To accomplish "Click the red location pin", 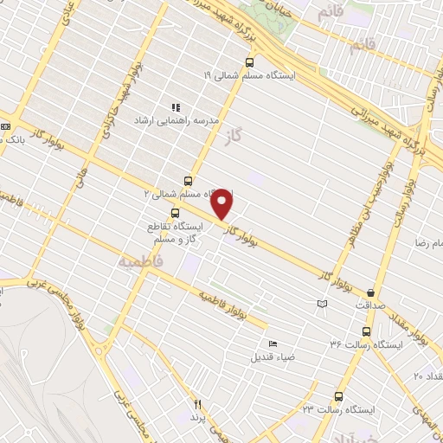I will pos(223,203).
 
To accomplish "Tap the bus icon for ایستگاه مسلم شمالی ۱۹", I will pos(250,61).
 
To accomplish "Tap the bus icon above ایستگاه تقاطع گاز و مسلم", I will pos(177,212).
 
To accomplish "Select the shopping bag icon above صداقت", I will pos(372,293).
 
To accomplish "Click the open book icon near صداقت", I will pos(323,304).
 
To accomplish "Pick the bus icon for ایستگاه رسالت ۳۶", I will pos(366,331).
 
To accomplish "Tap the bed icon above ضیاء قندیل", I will pos(273,343).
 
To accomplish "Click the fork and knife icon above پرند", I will pos(198,404).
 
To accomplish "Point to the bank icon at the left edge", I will pos(6,127).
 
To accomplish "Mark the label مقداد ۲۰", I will pos(427,376).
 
